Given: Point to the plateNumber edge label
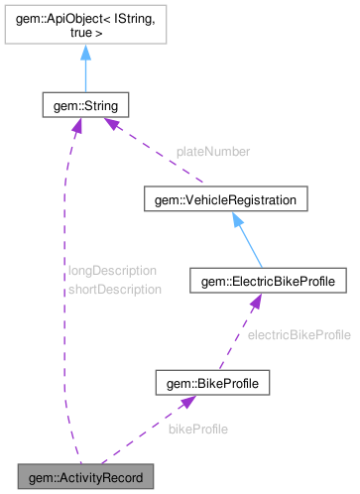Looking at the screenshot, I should (213, 152).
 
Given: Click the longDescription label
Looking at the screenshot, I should (112, 270).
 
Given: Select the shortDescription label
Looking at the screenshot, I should (114, 289).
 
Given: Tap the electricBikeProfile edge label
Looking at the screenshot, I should (299, 335).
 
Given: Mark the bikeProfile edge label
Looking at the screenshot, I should (198, 430).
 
